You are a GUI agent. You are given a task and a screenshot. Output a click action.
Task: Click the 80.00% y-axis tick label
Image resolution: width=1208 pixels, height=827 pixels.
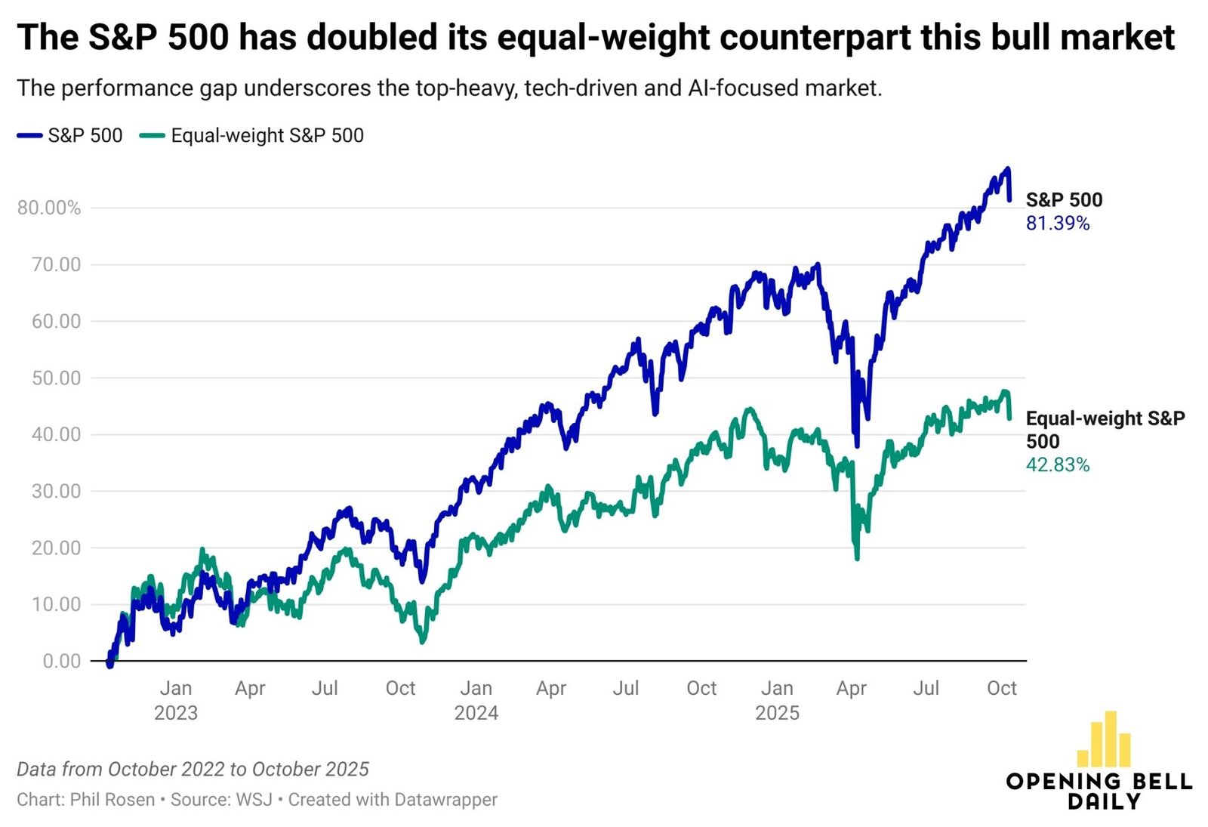pos(49,208)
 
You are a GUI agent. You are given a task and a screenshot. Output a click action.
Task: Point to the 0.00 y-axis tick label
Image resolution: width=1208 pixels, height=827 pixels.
pos(62,661)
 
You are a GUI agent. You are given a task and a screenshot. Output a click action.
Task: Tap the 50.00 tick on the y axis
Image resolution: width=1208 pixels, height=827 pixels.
pos(57,378)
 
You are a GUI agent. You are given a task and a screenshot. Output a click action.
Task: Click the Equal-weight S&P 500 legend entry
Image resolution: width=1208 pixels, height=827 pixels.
pos(252,136)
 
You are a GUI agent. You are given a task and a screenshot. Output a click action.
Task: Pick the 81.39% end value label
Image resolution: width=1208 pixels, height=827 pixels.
pos(1057,224)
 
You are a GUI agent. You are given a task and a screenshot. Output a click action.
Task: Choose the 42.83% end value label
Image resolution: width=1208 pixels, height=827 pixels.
pos(1057,465)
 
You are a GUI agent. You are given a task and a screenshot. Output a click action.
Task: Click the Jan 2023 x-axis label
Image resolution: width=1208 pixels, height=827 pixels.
pos(176,700)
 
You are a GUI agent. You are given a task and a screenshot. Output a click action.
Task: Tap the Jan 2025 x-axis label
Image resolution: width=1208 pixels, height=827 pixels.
pos(777,700)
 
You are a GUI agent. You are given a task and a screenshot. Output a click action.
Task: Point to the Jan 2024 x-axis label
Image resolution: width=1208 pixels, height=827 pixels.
pos(476,700)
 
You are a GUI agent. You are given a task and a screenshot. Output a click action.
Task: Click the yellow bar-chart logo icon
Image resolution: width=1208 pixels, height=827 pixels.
pos(1104,739)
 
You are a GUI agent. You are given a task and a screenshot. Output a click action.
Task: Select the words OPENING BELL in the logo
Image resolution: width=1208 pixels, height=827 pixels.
pos(1099,782)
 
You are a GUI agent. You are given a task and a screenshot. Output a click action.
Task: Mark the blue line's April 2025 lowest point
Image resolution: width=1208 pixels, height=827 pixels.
pos(856,446)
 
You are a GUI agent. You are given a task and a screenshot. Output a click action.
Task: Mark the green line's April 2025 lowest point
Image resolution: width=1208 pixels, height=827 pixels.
pos(857,558)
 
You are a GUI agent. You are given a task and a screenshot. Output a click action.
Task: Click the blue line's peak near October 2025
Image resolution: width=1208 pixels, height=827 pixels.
pos(1008,169)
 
